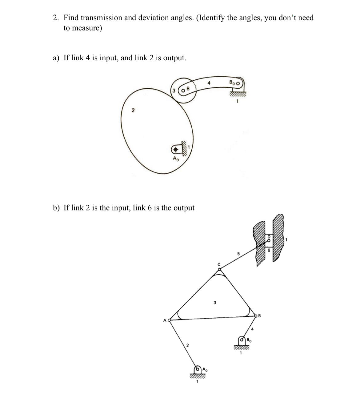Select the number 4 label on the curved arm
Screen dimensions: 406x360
tap(209, 83)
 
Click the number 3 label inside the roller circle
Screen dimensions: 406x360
tap(174, 90)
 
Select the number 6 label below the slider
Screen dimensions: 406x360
tap(268, 251)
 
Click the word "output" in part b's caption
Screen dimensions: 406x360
tap(184, 208)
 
